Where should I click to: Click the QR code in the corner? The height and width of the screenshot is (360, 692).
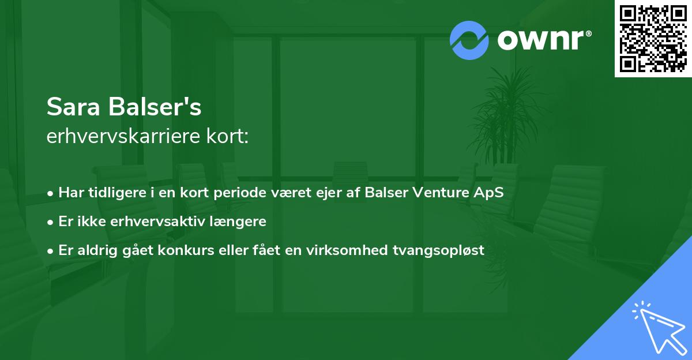(x=653, y=38)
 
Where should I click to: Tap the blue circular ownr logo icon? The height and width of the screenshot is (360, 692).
(x=469, y=40)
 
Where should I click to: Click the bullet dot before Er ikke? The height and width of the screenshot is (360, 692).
(x=51, y=222)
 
